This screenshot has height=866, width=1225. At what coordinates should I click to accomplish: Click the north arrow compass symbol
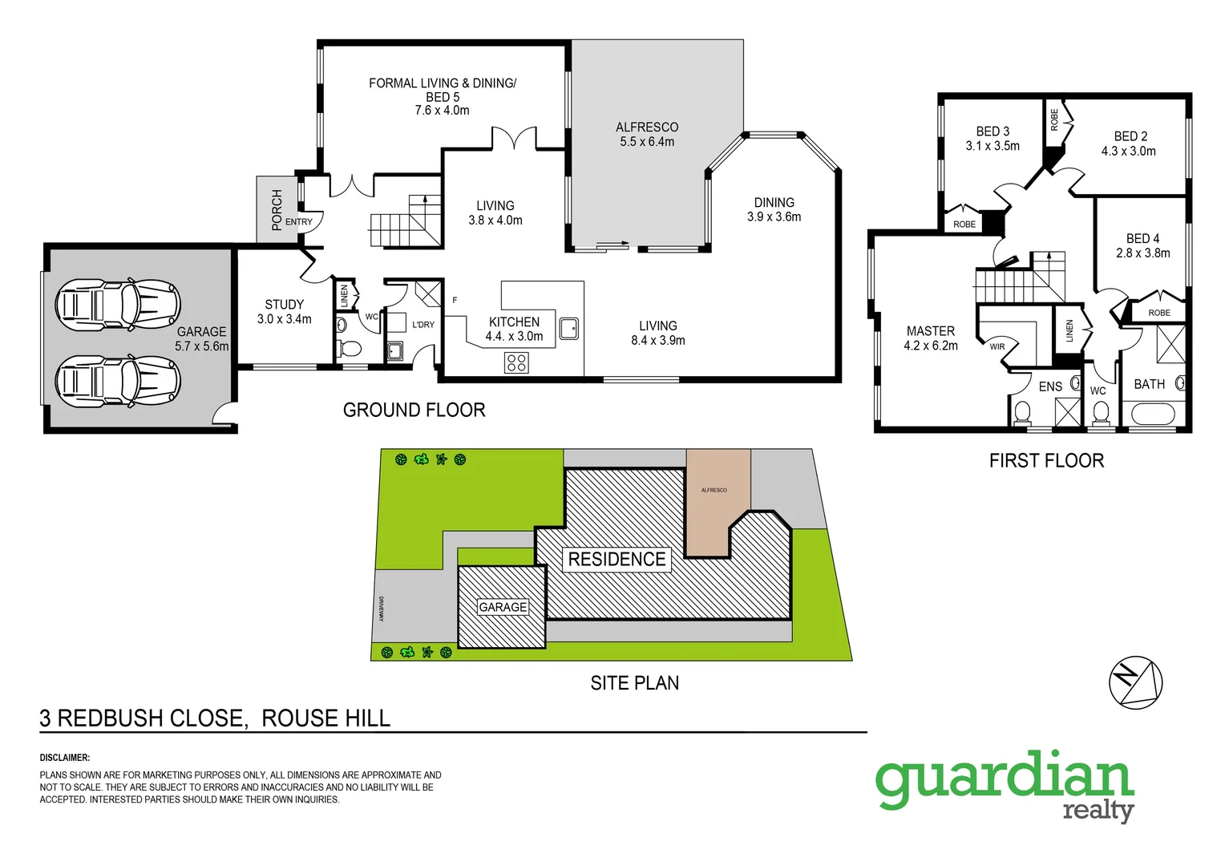(x=1135, y=683)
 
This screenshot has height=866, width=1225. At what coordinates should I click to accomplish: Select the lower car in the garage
(x=117, y=380)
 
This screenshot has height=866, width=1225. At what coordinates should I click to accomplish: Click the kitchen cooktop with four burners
(x=516, y=363)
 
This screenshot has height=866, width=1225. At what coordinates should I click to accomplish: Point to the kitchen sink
(x=569, y=328)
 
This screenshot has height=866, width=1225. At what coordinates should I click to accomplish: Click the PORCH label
(x=277, y=209)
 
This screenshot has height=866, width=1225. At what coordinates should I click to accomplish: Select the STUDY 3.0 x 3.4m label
(x=284, y=312)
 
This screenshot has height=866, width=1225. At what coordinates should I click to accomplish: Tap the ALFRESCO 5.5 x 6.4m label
(x=647, y=134)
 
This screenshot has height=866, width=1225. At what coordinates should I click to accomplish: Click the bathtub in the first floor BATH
(x=1153, y=415)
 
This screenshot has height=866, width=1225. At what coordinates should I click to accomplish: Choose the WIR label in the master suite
(x=997, y=346)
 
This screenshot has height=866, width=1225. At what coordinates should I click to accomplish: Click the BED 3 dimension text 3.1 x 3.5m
(x=993, y=146)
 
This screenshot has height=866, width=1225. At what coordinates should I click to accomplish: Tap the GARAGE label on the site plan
(x=503, y=607)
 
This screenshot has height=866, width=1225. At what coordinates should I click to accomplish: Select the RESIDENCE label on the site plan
(x=617, y=559)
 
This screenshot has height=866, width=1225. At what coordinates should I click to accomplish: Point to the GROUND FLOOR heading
(x=414, y=410)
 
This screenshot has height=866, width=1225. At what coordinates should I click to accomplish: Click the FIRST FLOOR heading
(x=1046, y=460)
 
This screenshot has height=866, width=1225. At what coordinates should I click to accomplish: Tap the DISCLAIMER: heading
(x=65, y=757)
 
